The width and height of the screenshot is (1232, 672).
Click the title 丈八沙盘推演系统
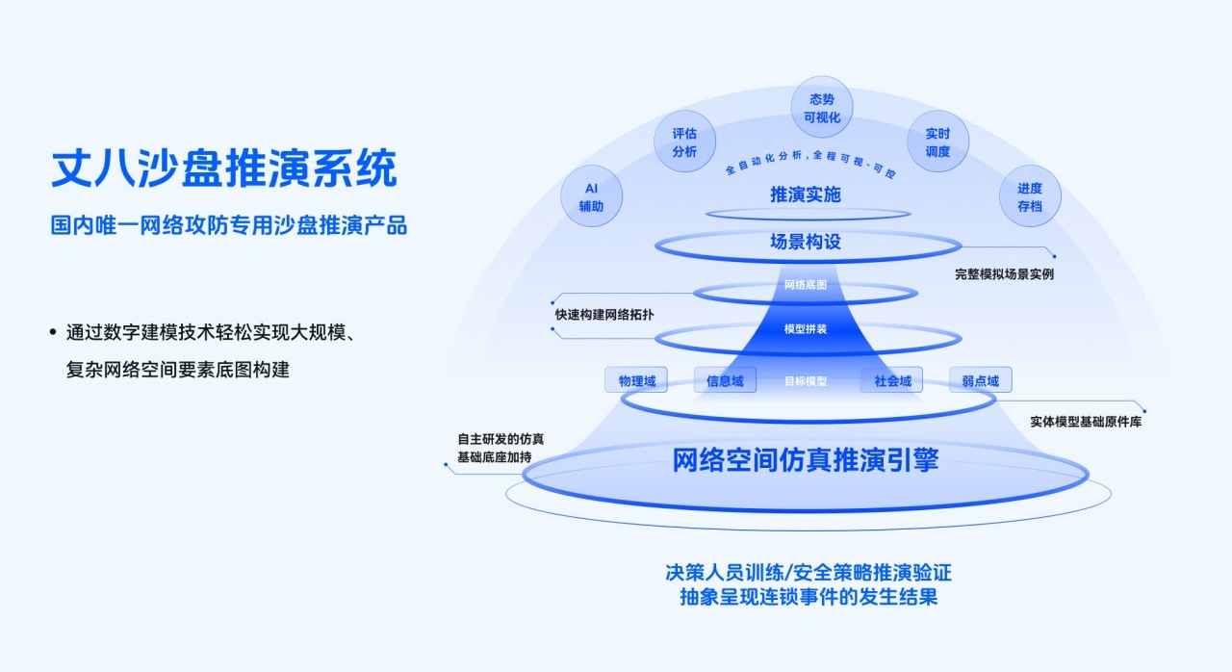click(224, 168)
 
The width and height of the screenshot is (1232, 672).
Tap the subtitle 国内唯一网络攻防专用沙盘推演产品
click(229, 225)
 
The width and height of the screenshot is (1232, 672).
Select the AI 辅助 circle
click(591, 196)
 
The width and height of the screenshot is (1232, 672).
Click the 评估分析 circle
click(684, 142)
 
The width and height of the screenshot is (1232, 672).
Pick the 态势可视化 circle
click(822, 107)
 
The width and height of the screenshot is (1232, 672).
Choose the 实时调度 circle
click(937, 142)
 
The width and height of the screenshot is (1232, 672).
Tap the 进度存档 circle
click(1030, 196)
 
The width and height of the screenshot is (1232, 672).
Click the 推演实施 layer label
click(806, 194)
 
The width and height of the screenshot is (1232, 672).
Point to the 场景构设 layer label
click(806, 242)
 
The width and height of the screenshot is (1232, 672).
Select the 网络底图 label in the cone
click(806, 285)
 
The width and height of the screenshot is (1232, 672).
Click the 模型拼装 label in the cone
click(806, 329)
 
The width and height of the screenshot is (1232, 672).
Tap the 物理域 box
click(636, 380)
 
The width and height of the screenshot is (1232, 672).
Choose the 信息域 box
click(725, 380)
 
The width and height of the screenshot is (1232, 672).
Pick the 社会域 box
click(892, 380)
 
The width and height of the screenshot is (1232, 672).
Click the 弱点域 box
click(981, 380)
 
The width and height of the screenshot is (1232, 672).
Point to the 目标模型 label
click(806, 381)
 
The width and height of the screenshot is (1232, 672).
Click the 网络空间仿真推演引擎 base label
click(806, 460)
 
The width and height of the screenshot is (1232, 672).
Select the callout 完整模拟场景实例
click(1004, 274)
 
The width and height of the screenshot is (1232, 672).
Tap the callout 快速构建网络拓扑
click(604, 315)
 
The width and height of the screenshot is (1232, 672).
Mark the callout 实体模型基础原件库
click(1086, 422)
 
